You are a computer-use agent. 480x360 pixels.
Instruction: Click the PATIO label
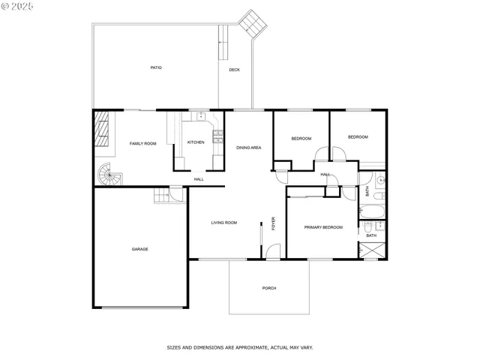tap(156, 67)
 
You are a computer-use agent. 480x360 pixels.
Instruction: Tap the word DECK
tap(235, 70)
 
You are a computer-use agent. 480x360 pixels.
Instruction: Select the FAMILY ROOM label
tap(142, 143)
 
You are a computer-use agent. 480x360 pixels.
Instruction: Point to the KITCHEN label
tap(196, 142)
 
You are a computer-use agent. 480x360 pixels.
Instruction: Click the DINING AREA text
tap(248, 148)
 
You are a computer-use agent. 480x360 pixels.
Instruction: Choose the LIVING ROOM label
tap(223, 222)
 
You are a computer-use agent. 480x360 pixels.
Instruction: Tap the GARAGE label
tap(139, 249)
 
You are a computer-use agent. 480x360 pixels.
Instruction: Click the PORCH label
tap(268, 288)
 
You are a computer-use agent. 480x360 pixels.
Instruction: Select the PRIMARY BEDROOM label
tap(323, 227)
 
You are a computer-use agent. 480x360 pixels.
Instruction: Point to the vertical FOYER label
tap(274, 223)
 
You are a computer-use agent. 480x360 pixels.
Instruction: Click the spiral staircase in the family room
tap(109, 175)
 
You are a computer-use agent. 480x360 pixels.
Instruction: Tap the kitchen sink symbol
tap(201, 115)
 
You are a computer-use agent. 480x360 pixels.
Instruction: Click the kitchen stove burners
tap(218, 136)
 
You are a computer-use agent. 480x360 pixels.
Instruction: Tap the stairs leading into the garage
tap(162, 196)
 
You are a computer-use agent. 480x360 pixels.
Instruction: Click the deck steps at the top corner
tap(251, 25)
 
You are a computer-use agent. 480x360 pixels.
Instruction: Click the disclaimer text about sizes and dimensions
tap(239, 347)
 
